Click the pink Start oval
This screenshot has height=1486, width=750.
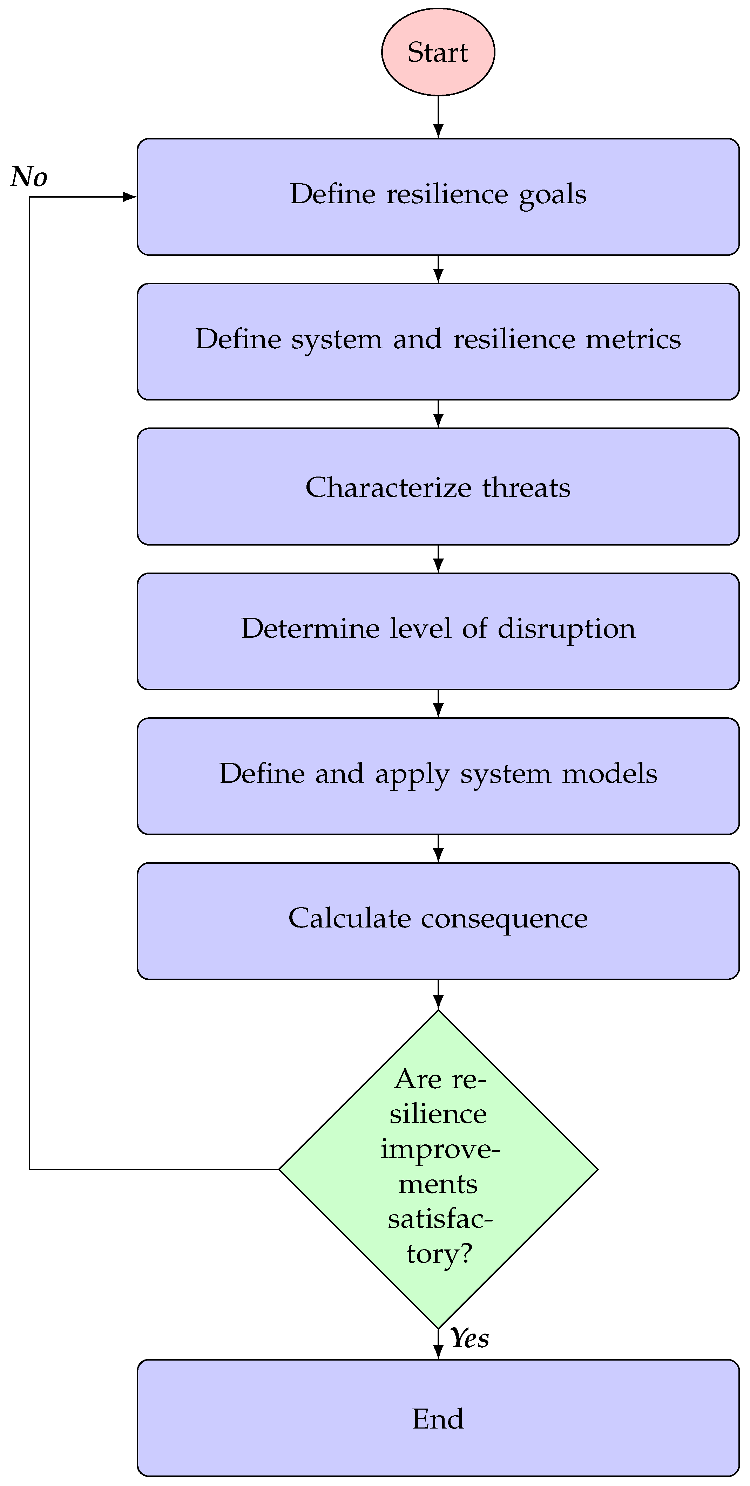[438, 52]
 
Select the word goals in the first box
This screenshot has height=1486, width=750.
[553, 195]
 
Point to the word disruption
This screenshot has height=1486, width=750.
[566, 629]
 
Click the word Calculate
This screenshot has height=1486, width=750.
[349, 918]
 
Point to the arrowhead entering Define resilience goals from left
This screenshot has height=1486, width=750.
[130, 197]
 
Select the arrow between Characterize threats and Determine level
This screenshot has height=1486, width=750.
[438, 559]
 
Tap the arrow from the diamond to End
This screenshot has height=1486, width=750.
[438, 1344]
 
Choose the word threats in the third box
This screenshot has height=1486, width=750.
[527, 487]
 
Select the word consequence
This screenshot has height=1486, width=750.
[504, 918]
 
